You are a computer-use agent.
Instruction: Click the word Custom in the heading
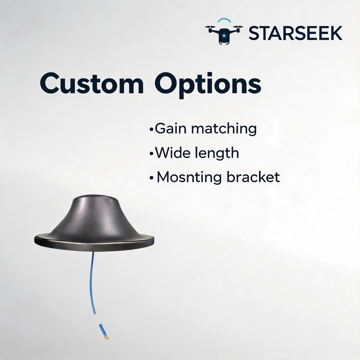point(92,83)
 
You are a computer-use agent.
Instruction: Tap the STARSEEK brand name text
point(295,33)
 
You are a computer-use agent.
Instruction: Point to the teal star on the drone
point(224,36)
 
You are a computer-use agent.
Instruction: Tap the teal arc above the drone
point(224,19)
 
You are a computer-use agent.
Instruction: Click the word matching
point(224,129)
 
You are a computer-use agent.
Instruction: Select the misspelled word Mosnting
point(189,178)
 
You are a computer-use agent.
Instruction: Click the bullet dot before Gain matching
point(151,129)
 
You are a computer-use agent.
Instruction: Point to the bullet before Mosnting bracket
point(151,178)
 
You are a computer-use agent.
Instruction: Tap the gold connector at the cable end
point(107,337)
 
